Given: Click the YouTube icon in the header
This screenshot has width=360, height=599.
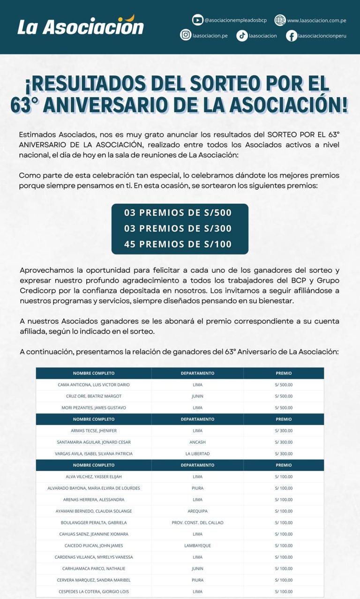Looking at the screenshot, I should (x=198, y=20).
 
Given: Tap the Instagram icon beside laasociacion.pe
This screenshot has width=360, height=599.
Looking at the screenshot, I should (x=186, y=35).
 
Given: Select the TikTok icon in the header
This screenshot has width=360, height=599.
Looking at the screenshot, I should (x=242, y=36).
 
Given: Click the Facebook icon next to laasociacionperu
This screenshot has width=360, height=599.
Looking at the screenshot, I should (x=292, y=36).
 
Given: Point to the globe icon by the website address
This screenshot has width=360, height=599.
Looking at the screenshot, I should (x=280, y=20).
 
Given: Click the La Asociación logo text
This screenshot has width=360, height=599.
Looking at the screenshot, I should (x=81, y=26).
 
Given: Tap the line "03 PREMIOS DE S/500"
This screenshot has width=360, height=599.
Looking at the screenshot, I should (x=178, y=213).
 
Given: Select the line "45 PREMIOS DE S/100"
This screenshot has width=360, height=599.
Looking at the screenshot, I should (x=178, y=244).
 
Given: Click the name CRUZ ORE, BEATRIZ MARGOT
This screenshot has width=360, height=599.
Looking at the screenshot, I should (x=94, y=396).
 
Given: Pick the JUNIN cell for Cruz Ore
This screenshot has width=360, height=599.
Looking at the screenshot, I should (x=197, y=396).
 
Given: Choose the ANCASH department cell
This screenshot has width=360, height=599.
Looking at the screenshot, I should (x=197, y=442).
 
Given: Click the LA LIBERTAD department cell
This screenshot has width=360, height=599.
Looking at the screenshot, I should (x=197, y=454).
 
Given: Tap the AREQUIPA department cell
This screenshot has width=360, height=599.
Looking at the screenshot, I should (x=197, y=511).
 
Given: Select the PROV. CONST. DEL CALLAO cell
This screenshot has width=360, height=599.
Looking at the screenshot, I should (x=197, y=523).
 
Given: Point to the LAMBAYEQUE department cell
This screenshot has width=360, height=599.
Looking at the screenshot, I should (x=197, y=546).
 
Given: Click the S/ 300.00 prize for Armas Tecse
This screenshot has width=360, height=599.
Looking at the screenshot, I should (x=284, y=431).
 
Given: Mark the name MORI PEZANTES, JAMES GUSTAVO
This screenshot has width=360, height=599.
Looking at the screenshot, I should (x=94, y=408).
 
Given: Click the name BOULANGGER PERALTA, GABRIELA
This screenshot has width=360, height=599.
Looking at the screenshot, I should (x=94, y=523).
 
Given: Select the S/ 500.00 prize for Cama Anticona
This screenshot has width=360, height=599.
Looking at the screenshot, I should (x=284, y=385).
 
